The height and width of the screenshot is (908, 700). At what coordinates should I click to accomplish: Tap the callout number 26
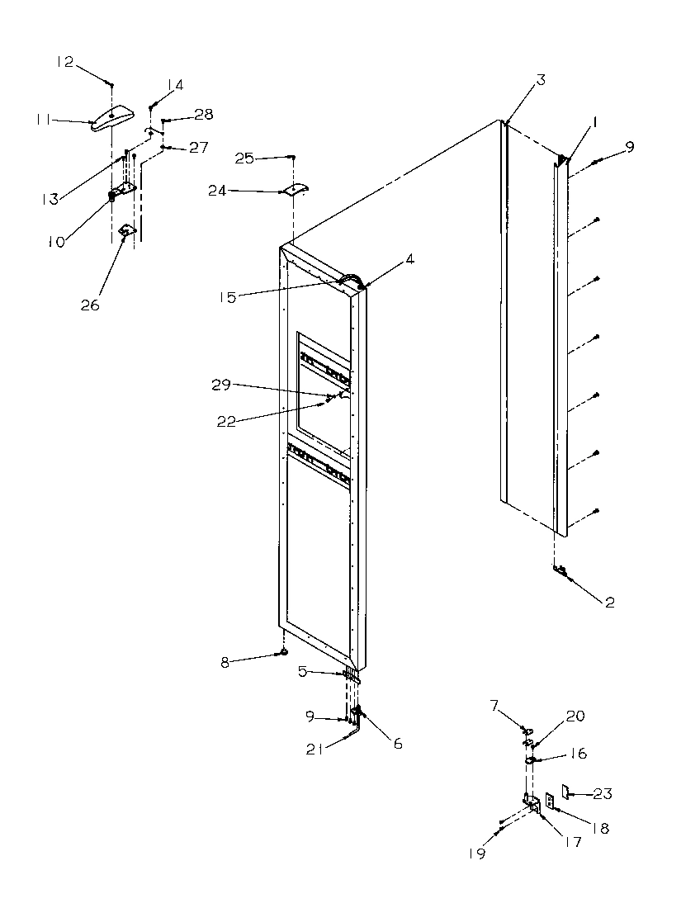point(89,305)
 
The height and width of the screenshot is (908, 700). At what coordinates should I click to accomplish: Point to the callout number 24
point(217,191)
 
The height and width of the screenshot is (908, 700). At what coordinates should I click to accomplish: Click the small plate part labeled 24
point(293,189)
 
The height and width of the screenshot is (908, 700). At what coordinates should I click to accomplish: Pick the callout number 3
point(540,80)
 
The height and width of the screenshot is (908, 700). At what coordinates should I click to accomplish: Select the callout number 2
point(609,602)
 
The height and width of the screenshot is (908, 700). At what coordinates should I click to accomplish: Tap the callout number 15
point(226,296)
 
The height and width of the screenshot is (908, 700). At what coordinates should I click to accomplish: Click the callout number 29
point(220,385)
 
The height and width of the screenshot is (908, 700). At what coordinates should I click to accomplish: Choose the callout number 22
point(226,421)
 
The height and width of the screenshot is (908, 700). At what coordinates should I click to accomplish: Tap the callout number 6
point(397,744)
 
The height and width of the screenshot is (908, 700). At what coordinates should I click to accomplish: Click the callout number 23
point(603,794)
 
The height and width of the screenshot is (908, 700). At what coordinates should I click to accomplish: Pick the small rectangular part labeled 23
point(565,792)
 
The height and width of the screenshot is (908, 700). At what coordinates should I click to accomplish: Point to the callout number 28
point(203,114)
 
